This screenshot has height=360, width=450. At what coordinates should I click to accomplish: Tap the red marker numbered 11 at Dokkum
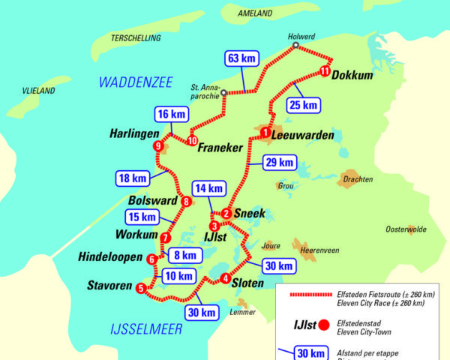[324, 71]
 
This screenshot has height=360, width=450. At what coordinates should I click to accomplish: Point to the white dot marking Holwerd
[295, 46]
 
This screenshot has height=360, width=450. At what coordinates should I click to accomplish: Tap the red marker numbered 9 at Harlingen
[157, 146]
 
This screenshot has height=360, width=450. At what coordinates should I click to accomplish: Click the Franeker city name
[220, 148]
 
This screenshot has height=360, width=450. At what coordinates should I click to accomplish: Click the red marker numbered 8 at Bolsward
[185, 200]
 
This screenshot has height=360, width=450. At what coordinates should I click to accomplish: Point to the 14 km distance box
[208, 188]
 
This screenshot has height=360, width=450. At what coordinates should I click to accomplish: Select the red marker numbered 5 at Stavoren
[140, 287]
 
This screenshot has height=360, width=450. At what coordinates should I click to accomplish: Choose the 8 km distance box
[184, 255]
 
